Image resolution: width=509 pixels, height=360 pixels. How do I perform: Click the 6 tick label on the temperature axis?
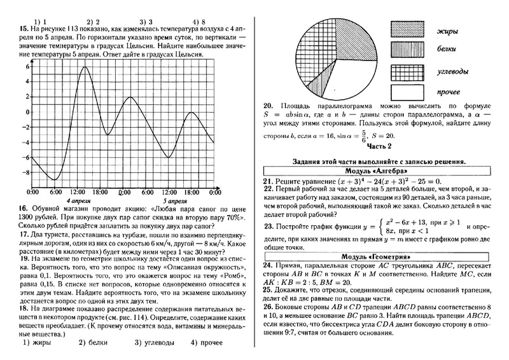pos(27,66)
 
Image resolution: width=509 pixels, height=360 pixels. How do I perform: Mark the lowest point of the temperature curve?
pos(55,179)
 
